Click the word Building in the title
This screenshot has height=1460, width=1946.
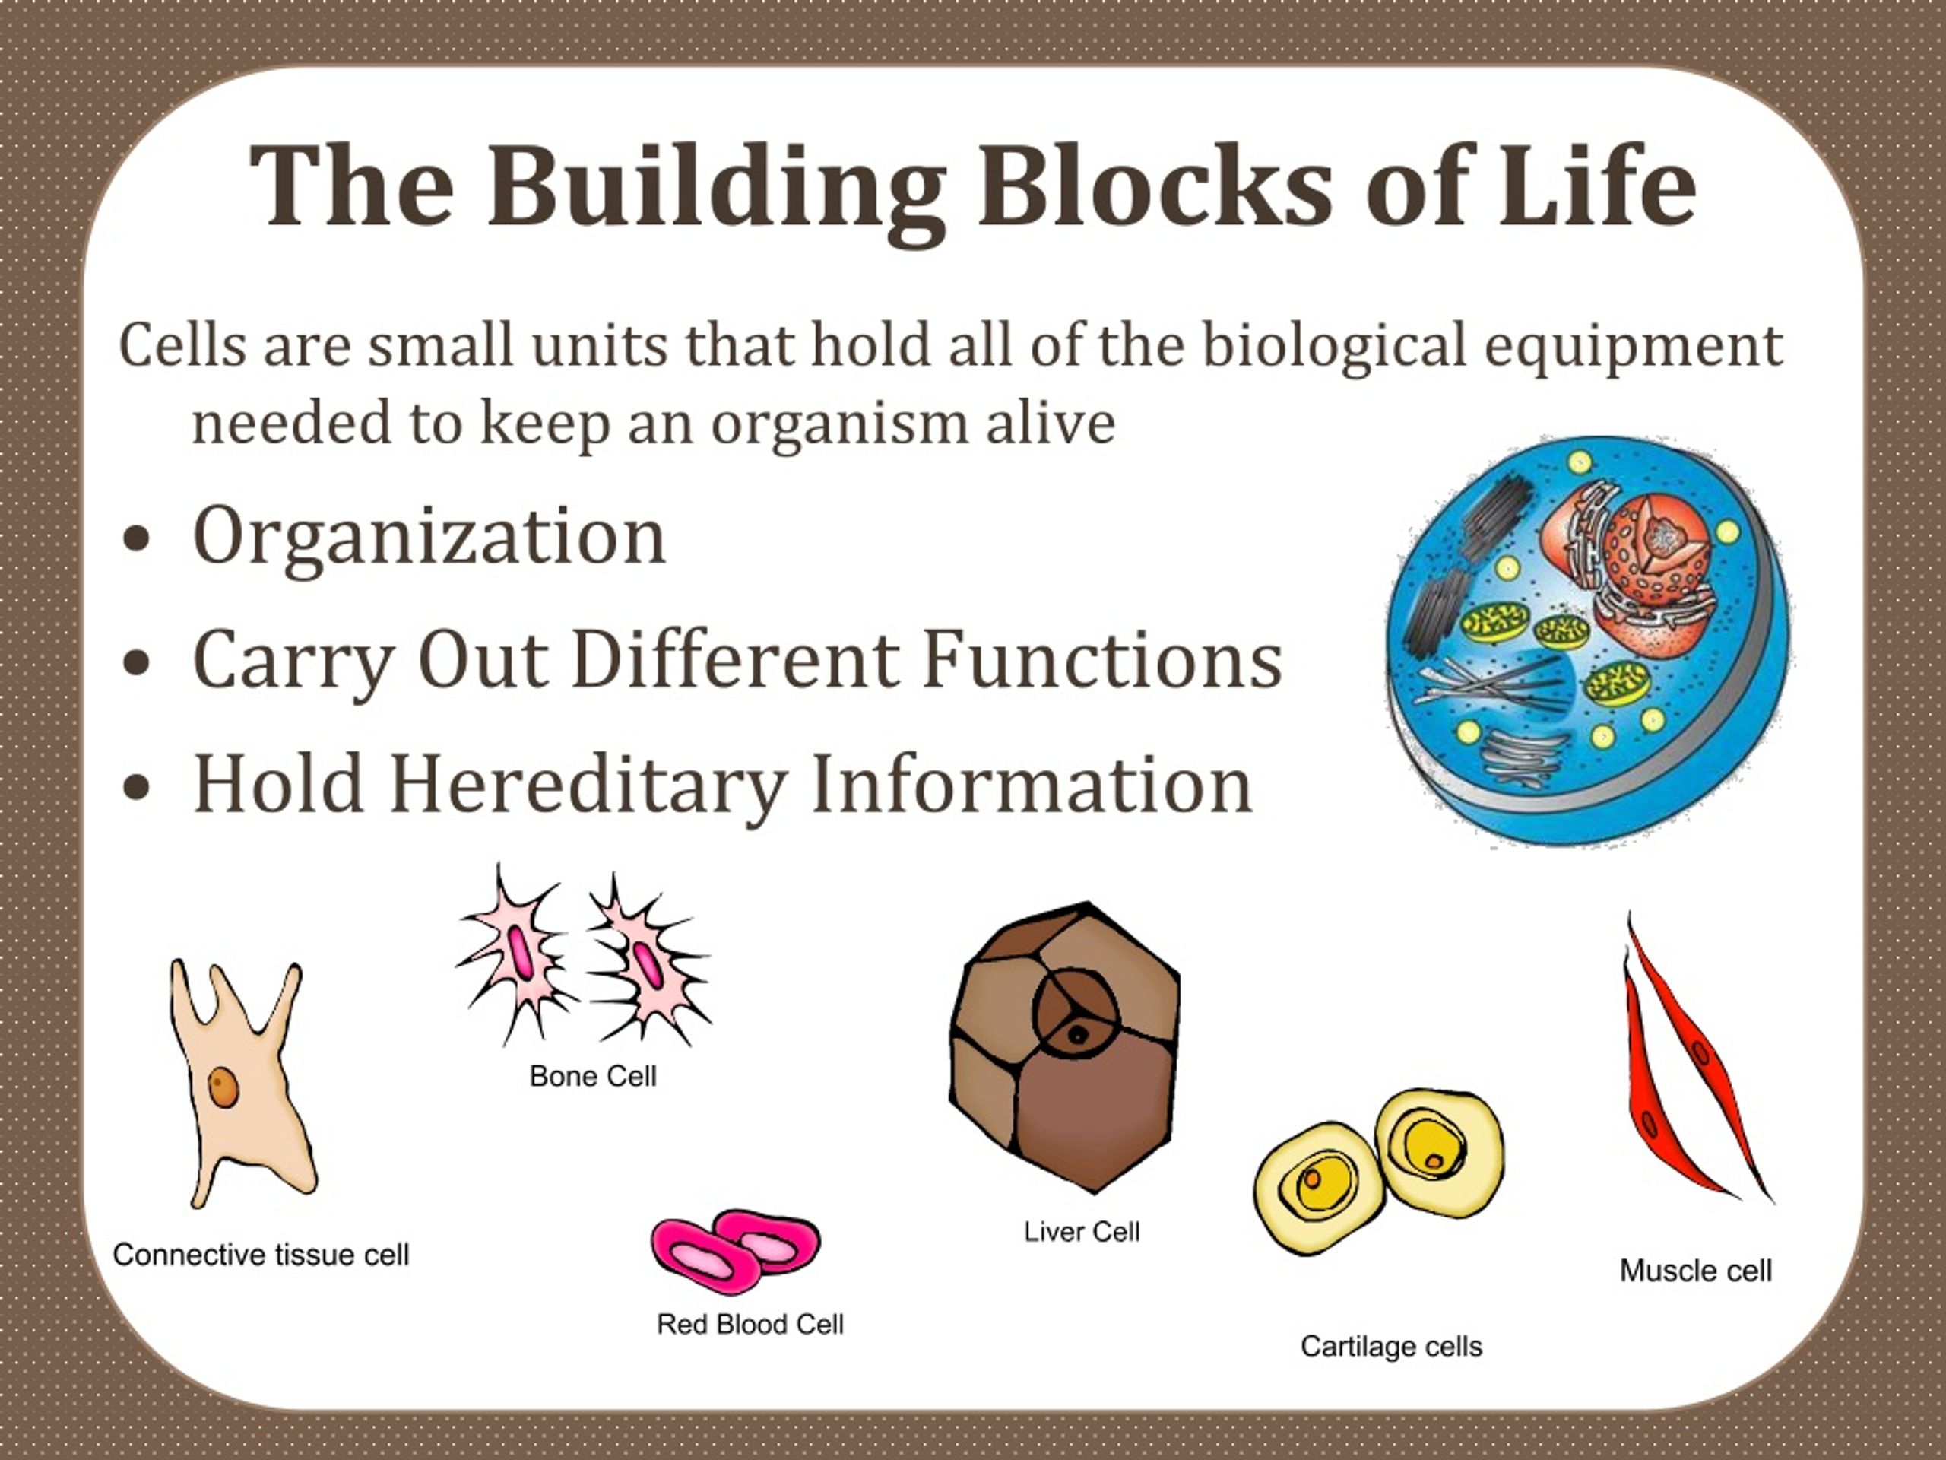[x=716, y=189]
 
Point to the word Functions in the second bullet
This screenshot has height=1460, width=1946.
[x=1102, y=659]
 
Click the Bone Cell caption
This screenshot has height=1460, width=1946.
[x=593, y=1075]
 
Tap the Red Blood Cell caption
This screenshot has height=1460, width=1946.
[x=750, y=1324]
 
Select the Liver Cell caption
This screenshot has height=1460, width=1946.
[x=1081, y=1231]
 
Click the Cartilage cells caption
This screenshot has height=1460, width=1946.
[x=1392, y=1347]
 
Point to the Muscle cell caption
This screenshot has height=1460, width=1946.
[x=1695, y=1271]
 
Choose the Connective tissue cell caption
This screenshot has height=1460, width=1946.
[x=261, y=1255]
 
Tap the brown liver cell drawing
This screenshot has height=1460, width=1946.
[x=1064, y=1047]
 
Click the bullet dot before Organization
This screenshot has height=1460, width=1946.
[x=136, y=541]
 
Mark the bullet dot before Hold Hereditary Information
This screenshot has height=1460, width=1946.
[x=136, y=789]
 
